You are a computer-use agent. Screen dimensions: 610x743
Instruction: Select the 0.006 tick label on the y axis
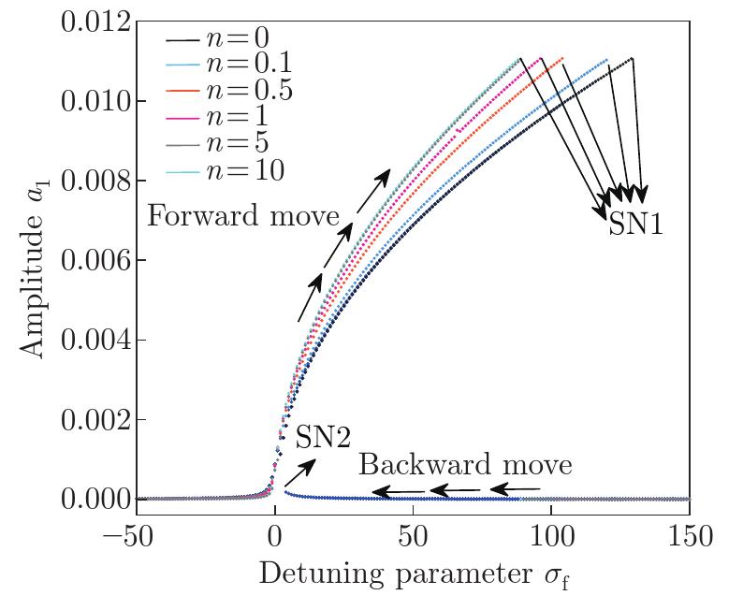point(93,260)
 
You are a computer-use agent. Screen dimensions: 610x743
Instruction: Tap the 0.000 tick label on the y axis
point(93,500)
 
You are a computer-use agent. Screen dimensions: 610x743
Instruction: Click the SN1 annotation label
point(635,224)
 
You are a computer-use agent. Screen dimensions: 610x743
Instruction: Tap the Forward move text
point(243,217)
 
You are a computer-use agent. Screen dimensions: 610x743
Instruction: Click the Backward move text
point(465,465)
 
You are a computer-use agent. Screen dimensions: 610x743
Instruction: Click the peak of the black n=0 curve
point(633,58)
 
